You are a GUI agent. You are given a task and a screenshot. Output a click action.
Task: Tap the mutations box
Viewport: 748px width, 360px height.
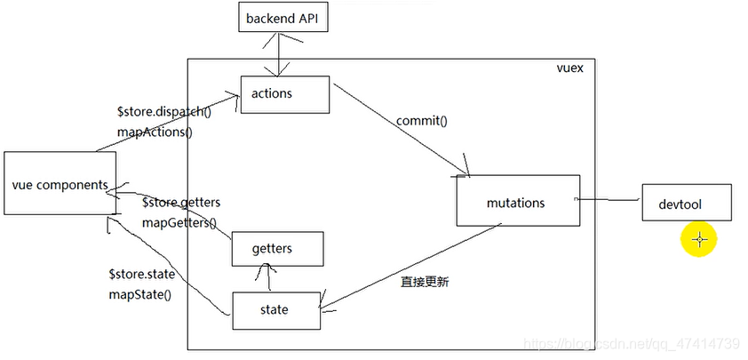(516, 202)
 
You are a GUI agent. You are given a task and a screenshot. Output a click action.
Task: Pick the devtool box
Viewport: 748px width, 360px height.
(686, 203)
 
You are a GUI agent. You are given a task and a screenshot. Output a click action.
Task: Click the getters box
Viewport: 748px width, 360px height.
(277, 248)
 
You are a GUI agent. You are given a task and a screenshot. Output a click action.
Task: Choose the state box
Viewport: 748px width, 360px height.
(275, 309)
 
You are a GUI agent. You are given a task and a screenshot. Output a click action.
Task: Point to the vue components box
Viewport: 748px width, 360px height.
(60, 184)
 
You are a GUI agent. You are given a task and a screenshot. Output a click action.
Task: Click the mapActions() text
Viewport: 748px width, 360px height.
(155, 132)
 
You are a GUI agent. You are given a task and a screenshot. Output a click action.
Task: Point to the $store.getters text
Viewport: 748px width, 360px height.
(180, 203)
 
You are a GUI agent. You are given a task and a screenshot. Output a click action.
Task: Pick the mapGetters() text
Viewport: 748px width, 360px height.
(179, 222)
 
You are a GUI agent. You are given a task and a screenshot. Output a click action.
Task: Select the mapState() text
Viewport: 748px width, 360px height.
(139, 293)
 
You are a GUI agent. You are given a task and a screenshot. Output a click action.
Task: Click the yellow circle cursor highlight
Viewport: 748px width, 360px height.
(699, 238)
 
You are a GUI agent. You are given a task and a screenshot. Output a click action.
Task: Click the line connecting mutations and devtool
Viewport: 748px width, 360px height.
(611, 201)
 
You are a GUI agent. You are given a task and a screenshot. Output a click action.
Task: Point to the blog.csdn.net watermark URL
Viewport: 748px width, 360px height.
(631, 342)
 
